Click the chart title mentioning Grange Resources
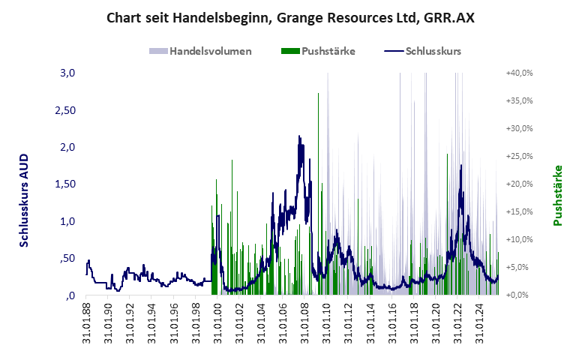click(x=289, y=16)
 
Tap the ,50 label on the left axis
click(x=67, y=258)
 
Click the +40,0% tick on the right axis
click(x=519, y=73)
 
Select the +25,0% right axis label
click(x=519, y=156)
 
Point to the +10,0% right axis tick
click(x=519, y=239)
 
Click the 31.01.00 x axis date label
click(x=217, y=322)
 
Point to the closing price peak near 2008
click(x=300, y=136)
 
